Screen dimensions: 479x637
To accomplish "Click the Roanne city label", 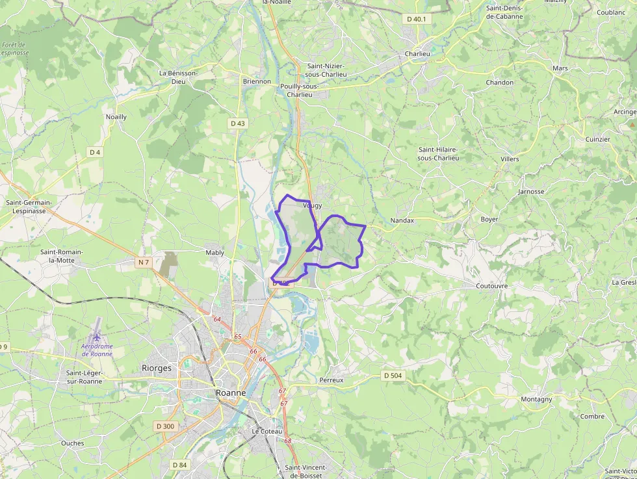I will pyautogui.click(x=231, y=393).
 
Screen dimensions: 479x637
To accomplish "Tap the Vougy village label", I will pyautogui.click(x=313, y=205).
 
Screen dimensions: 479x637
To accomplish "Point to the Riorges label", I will pyautogui.click(x=157, y=368).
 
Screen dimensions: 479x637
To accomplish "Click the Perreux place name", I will pyautogui.click(x=331, y=380).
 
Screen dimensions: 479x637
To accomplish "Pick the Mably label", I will pyautogui.click(x=214, y=252).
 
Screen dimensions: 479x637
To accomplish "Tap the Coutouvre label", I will pyautogui.click(x=491, y=285).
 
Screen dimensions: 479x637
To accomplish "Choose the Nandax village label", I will pyautogui.click(x=402, y=220).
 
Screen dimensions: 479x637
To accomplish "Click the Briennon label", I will pyautogui.click(x=257, y=81).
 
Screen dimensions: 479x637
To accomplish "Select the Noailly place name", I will pyautogui.click(x=116, y=117).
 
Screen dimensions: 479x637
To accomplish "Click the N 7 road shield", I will pyautogui.click(x=144, y=262).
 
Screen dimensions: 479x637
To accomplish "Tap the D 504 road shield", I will pyautogui.click(x=393, y=375).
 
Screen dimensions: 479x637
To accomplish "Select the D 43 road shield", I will pyautogui.click(x=237, y=123).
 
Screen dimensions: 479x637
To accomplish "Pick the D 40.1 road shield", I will pyautogui.click(x=417, y=19).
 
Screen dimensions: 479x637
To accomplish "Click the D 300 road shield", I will pyautogui.click(x=166, y=426).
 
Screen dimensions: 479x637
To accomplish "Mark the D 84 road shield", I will pyautogui.click(x=179, y=465).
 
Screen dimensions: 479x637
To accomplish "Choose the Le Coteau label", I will pyautogui.click(x=267, y=432).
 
